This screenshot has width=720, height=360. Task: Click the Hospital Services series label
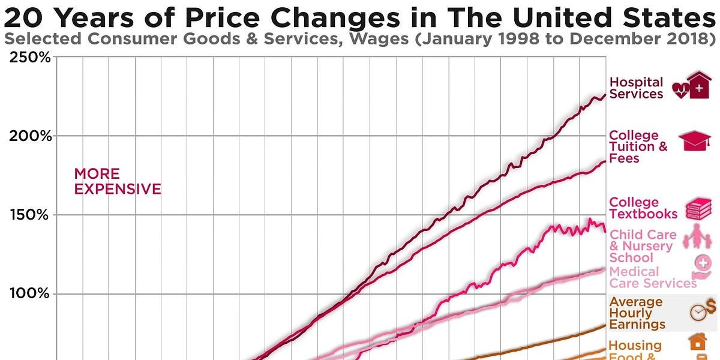click(636, 88)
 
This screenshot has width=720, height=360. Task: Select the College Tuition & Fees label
click(637, 147)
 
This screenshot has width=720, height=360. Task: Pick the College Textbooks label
click(643, 208)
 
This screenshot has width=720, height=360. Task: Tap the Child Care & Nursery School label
click(643, 246)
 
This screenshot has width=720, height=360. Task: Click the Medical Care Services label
click(652, 277)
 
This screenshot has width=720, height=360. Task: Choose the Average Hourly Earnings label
click(637, 313)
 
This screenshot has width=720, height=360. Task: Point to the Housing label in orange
click(635, 346)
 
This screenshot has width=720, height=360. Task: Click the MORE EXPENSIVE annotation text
click(117, 181)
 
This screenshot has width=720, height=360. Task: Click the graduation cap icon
click(694, 142)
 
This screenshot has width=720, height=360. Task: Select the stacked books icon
click(698, 208)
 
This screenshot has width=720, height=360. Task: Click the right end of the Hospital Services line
click(604, 95)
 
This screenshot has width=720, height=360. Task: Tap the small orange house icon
click(697, 343)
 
